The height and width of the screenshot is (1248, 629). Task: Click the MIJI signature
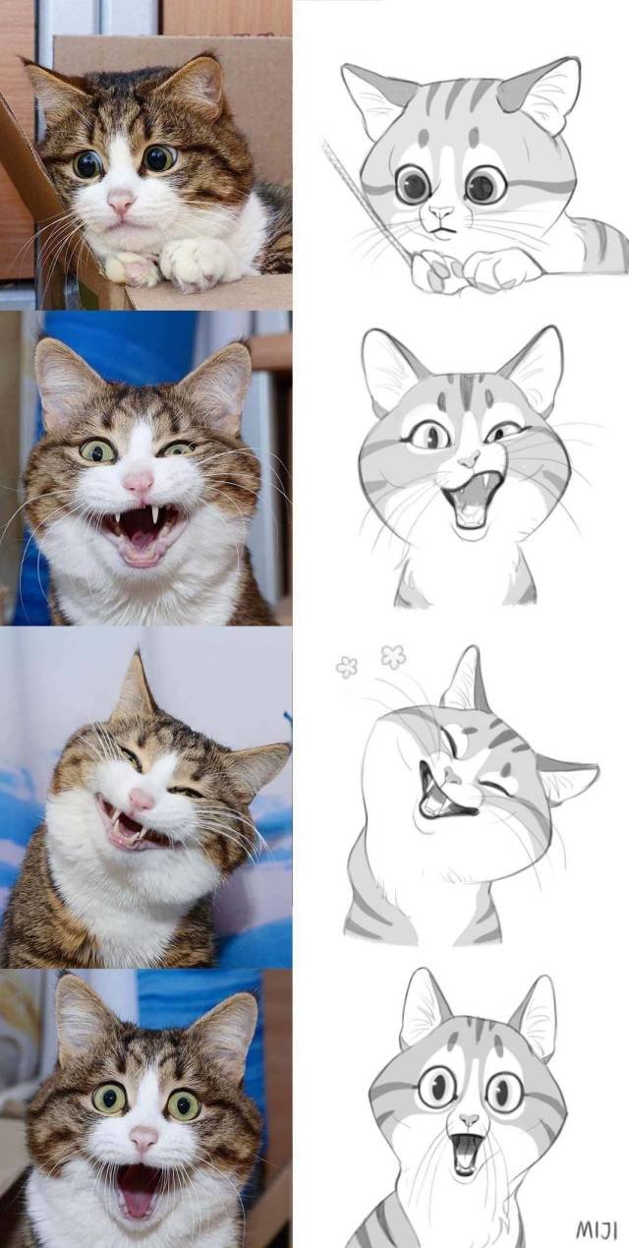click(596, 1229)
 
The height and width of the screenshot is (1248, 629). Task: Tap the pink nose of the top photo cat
click(121, 202)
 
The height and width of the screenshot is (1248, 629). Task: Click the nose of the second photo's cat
click(138, 482)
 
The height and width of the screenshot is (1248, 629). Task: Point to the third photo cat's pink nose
click(142, 800)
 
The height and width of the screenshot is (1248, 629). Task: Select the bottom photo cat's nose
click(143, 1140)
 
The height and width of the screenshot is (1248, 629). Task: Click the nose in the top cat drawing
click(441, 212)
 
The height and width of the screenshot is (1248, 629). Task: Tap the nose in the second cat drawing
click(469, 459)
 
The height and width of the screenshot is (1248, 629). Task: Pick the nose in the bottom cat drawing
click(469, 1120)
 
